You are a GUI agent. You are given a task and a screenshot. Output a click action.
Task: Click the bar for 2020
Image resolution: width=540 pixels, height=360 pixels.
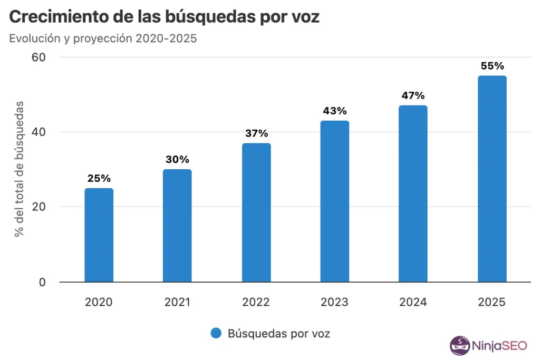tap(99, 235)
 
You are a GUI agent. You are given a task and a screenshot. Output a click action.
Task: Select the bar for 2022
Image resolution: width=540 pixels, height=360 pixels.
tap(256, 212)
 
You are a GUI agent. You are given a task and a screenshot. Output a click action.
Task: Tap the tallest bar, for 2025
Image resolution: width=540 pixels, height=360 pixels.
tap(492, 179)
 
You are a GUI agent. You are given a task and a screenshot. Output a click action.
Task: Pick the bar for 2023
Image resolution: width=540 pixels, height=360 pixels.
tap(334, 201)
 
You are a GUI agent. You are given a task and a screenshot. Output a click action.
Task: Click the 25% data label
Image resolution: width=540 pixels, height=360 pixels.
tap(99, 178)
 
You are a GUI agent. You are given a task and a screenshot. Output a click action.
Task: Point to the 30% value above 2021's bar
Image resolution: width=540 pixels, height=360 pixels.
tap(177, 159)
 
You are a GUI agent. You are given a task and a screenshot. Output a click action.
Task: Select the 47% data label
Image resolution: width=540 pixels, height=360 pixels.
tap(413, 95)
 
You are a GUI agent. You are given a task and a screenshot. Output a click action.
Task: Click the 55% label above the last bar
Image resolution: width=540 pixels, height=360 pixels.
tap(492, 66)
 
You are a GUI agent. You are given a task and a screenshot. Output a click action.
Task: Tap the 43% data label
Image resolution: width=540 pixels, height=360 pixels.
tap(334, 111)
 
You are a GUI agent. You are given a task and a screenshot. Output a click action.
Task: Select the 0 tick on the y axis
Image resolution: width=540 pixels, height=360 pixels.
tap(43, 282)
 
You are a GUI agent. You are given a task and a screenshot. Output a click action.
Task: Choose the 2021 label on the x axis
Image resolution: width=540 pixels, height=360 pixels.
tap(177, 302)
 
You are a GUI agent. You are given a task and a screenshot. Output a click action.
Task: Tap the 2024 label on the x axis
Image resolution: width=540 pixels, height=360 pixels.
tap(413, 302)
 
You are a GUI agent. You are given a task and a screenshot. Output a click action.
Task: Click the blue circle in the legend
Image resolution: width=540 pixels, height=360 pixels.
tap(216, 333)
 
